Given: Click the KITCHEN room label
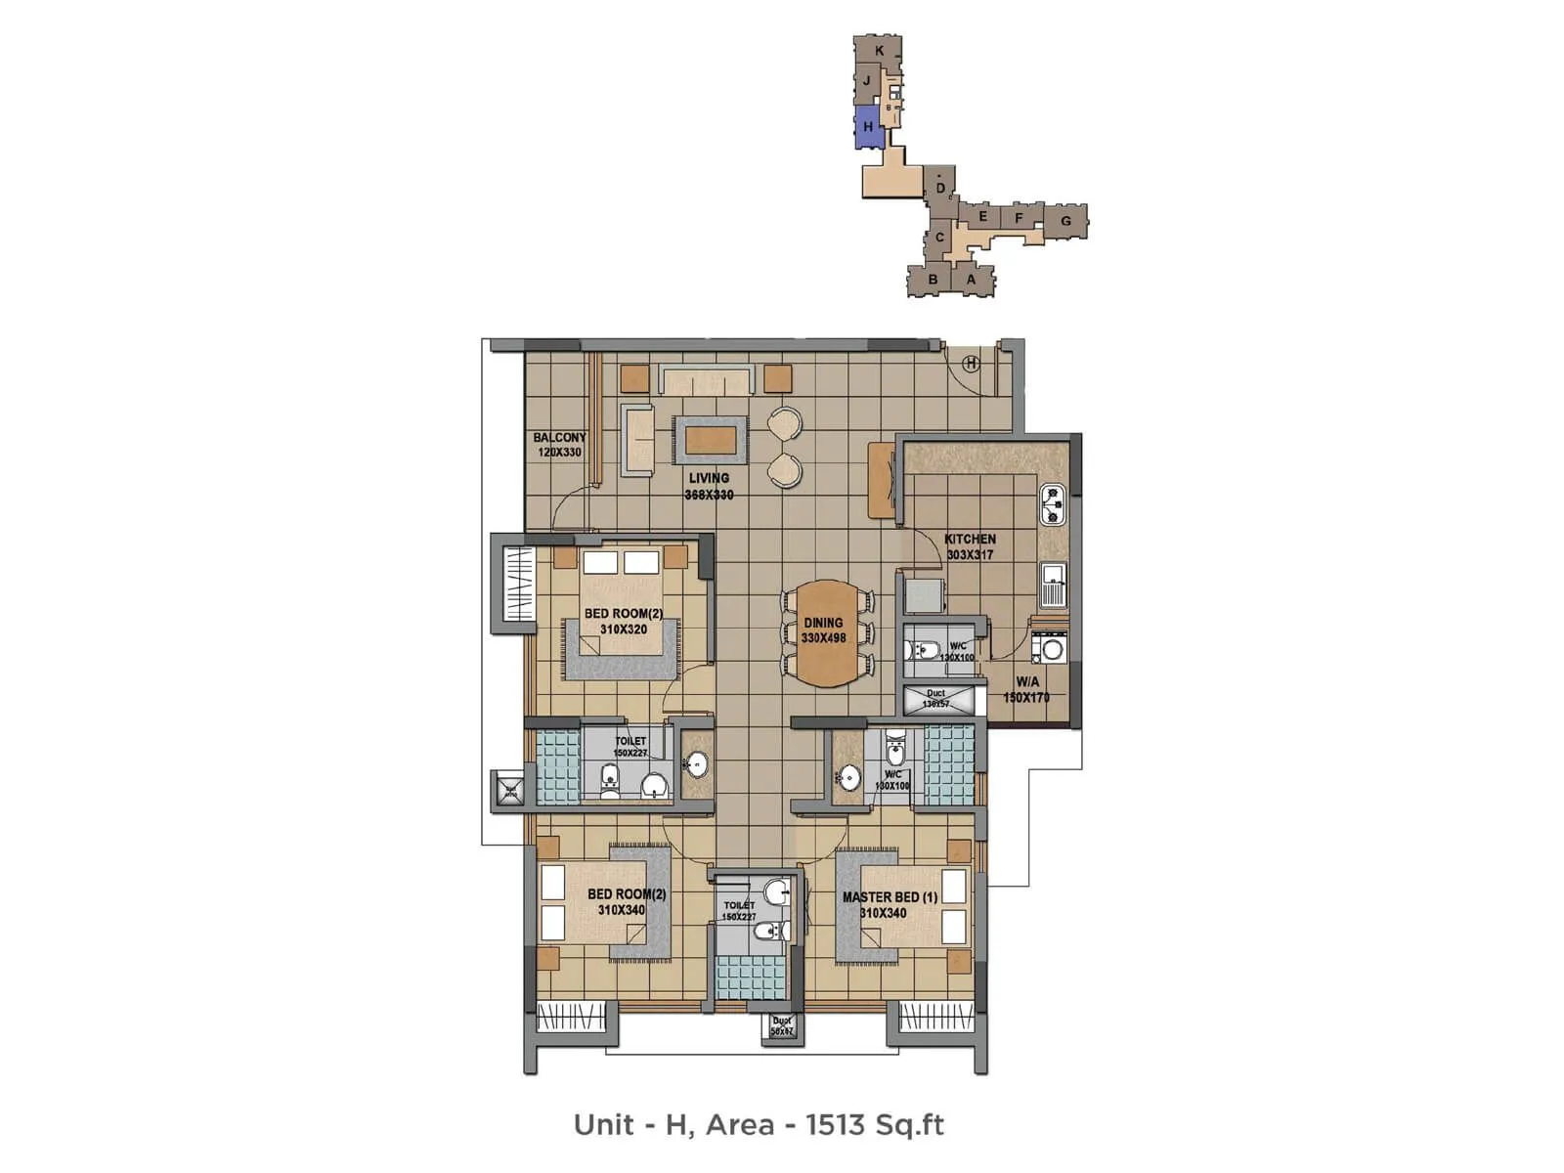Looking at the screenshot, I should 970,539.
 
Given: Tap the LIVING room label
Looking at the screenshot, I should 709,478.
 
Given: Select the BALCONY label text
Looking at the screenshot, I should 559,438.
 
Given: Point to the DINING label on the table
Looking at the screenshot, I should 823,623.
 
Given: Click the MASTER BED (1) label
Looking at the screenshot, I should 890,896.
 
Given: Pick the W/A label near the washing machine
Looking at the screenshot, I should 1026,681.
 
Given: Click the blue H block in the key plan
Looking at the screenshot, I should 867,127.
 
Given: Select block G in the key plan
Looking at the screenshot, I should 1065,221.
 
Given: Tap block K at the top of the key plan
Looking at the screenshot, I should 880,51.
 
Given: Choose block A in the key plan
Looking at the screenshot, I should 971,280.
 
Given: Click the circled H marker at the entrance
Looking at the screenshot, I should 971,364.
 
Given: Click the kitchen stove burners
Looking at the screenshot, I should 1053,504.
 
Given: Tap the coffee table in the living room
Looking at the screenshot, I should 710,440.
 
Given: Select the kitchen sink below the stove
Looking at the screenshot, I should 1053,586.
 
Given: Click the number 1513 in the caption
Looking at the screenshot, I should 835,1125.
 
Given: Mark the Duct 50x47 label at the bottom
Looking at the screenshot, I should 781,1026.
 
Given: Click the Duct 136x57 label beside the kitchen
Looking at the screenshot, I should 935,698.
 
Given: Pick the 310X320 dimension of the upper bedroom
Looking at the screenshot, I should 624,630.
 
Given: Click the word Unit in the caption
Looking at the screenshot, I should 604,1125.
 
